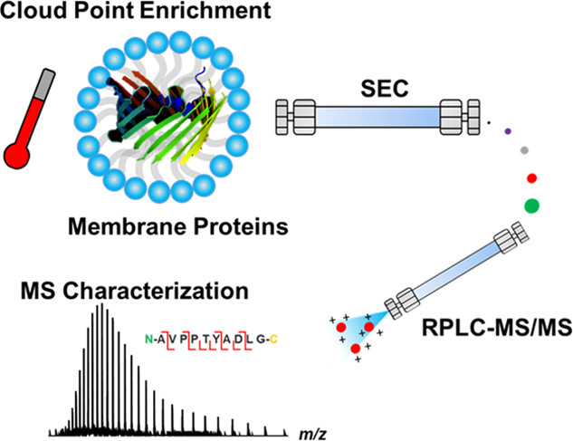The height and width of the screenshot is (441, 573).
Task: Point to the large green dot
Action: pyautogui.click(x=533, y=206)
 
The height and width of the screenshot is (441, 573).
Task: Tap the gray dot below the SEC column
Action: pyautogui.click(x=525, y=149)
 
